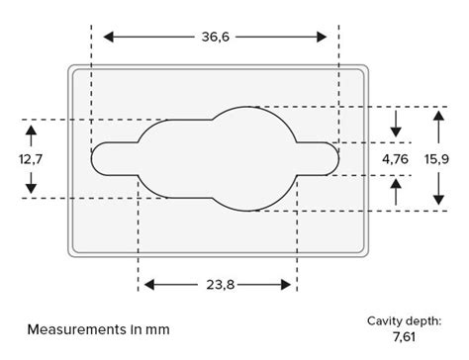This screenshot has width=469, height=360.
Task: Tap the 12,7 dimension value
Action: (31, 158)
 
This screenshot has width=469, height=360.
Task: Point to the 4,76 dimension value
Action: (396, 158)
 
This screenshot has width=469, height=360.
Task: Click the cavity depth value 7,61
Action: (404, 338)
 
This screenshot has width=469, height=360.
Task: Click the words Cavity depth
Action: (404, 320)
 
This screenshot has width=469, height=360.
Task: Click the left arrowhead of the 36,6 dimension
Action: (107, 37)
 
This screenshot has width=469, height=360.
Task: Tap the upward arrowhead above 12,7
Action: (31, 130)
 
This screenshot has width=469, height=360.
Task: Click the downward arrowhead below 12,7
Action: (31, 188)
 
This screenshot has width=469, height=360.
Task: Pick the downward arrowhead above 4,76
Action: (396, 131)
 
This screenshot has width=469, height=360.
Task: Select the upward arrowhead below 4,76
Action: (396, 185)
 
